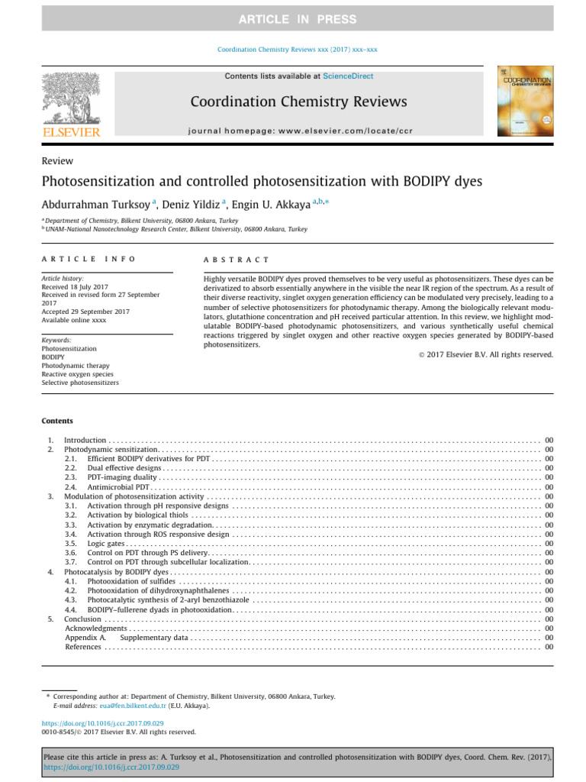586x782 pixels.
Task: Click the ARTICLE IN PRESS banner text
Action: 292,18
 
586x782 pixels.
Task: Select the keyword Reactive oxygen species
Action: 78,374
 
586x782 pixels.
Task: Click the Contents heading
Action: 58,421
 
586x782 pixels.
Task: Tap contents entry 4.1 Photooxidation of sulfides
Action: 132,581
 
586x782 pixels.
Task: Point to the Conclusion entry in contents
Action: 82,619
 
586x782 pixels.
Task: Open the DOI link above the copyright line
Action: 103,722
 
